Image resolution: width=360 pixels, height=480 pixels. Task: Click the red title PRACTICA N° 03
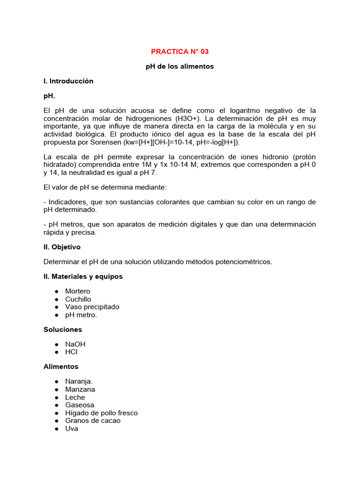[180, 52]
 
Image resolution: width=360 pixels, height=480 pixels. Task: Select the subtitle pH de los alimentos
[180, 67]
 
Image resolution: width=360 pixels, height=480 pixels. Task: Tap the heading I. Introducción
[68, 81]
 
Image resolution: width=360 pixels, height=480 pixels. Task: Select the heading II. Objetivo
[62, 247]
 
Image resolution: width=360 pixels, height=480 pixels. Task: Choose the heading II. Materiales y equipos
[83, 277]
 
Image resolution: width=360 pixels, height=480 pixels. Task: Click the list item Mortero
[78, 291]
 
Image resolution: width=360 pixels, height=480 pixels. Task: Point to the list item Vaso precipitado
[92, 307]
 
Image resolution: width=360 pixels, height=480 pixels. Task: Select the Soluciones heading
[63, 330]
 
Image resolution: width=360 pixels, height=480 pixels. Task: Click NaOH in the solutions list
[75, 344]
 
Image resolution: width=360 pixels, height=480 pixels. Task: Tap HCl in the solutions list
[72, 352]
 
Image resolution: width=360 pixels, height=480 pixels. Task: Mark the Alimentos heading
[61, 367]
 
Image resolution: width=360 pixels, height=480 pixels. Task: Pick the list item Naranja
[79, 382]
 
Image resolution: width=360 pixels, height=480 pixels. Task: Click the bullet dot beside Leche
[56, 397]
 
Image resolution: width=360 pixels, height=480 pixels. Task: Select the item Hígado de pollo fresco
[102, 413]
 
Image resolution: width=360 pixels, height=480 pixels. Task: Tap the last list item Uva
[72, 428]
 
